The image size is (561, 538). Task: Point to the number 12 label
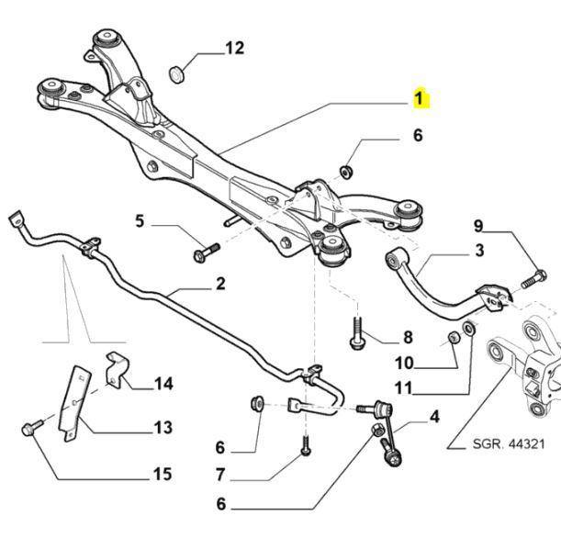click(235, 48)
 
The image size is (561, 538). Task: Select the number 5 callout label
click(140, 221)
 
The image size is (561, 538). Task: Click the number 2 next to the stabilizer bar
click(220, 283)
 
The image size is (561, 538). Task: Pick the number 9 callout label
click(478, 225)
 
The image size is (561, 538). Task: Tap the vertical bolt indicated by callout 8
click(356, 332)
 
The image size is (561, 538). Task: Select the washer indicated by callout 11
click(469, 328)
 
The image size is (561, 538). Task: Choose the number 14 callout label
click(163, 383)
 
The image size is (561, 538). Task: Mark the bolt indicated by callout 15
click(29, 429)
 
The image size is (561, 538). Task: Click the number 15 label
click(161, 475)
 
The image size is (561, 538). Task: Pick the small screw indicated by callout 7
click(304, 447)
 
